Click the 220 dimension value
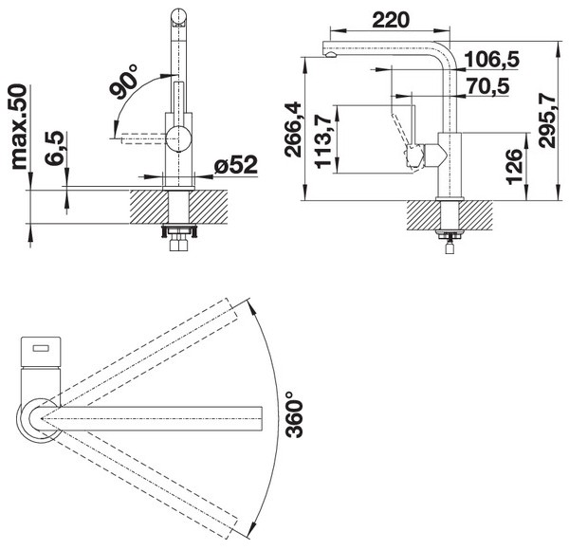click(391, 20)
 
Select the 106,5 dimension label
click(492, 60)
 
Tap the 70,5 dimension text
click(488, 86)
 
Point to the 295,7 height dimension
click(547, 120)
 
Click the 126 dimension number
click(514, 167)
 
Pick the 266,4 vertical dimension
click(292, 130)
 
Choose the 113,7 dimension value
click(323, 140)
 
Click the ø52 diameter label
click(236, 165)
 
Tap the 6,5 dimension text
click(54, 148)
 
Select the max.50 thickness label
click(19, 127)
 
